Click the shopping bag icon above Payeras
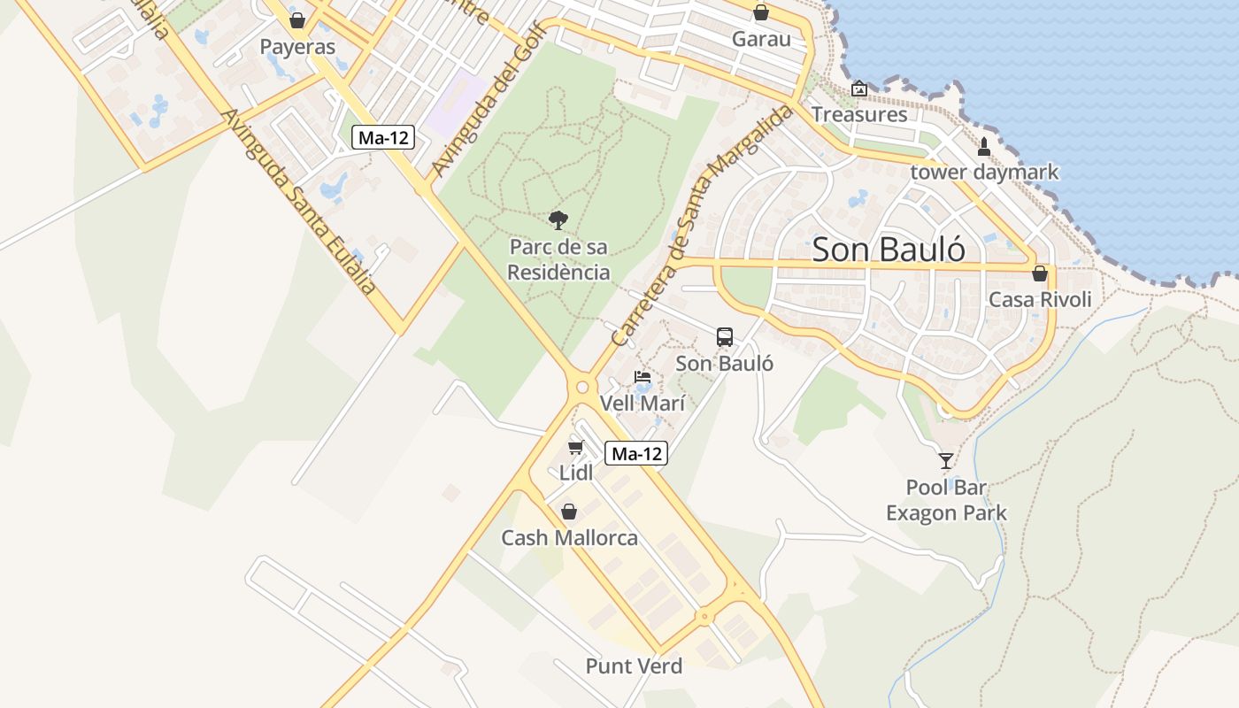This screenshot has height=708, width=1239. tap(297, 19)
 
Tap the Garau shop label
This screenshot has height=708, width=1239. tap(761, 39)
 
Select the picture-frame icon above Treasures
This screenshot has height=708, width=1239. tap(858, 88)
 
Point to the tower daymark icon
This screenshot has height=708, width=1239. tap(984, 146)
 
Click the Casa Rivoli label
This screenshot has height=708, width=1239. tap(1040, 299)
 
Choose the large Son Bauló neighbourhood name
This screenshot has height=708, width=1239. tap(889, 250)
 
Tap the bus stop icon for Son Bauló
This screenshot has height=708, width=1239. tap(725, 337)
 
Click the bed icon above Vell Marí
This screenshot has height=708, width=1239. tap(643, 378)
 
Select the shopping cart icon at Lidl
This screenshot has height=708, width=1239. tap(576, 448)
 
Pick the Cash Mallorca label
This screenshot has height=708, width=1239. tap(569, 538)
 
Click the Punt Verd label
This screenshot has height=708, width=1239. tap(634, 666)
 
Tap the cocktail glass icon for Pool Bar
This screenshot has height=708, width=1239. tap(946, 460)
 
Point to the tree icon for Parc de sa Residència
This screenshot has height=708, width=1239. tap(558, 219)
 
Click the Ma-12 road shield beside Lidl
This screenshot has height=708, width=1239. tap(636, 454)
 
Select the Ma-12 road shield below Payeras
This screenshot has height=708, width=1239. tap(383, 137)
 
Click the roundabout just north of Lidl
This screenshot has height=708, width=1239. tap(581, 387)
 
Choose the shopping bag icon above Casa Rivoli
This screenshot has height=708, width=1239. tap(1040, 273)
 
